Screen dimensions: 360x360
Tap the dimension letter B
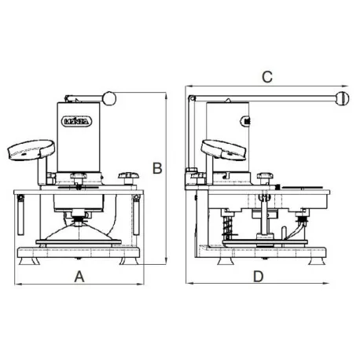157,168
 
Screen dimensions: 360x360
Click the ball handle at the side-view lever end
342,98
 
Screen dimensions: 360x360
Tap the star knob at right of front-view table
126,177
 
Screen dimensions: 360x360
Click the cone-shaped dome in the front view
79,233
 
